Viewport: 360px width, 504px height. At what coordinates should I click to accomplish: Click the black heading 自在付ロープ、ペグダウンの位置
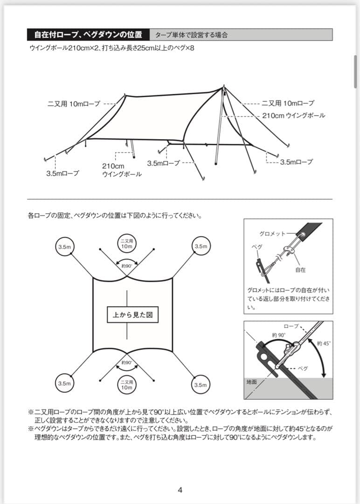click(x=88, y=35)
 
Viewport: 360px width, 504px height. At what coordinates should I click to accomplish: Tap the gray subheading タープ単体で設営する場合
click(x=191, y=35)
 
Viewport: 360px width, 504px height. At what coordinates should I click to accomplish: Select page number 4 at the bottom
click(x=180, y=476)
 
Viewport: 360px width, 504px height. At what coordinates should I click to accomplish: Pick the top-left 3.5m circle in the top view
click(x=63, y=246)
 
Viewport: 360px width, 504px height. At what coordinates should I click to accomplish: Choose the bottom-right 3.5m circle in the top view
click(x=201, y=385)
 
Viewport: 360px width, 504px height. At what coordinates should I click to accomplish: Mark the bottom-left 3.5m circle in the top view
click(x=63, y=384)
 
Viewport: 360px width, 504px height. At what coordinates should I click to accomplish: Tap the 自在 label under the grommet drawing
click(x=300, y=270)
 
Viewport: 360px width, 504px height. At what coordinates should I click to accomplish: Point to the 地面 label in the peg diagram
click(x=252, y=382)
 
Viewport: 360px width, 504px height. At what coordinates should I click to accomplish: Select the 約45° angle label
click(x=323, y=343)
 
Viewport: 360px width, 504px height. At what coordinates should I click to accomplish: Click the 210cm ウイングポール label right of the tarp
click(x=293, y=115)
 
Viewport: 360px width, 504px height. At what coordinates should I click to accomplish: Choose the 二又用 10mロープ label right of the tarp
click(x=288, y=103)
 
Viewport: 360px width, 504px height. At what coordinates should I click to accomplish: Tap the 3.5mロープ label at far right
click(x=296, y=162)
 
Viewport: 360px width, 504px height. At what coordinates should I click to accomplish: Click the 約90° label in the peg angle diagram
click(x=279, y=335)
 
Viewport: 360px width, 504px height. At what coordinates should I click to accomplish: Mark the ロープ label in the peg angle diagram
click(x=291, y=326)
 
